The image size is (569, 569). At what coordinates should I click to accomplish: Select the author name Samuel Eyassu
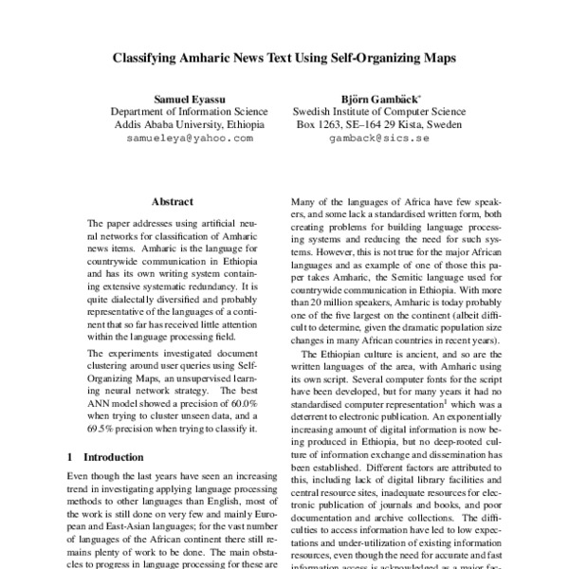pyautogui.click(x=190, y=98)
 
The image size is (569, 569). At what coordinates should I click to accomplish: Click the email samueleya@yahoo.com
pyautogui.click(x=190, y=138)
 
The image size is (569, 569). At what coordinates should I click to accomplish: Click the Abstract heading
pyautogui.click(x=173, y=202)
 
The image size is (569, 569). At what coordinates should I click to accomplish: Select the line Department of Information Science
pyautogui.click(x=190, y=111)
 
